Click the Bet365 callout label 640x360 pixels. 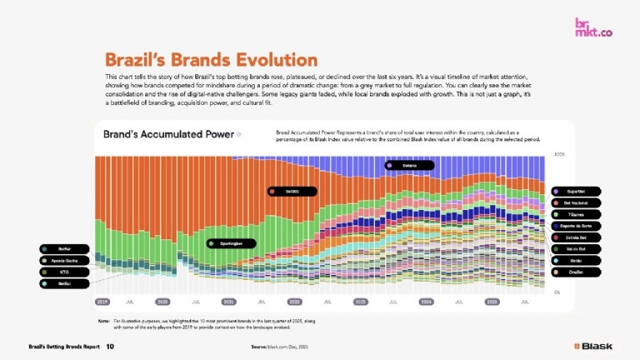(292, 191)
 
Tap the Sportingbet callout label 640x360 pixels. (232, 243)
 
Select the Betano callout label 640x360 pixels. (410, 165)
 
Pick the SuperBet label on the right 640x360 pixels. (575, 191)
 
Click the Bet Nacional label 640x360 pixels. (575, 202)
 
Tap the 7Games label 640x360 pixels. (575, 214)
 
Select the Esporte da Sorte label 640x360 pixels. (575, 226)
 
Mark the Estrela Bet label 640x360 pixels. (575, 237)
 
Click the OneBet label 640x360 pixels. (575, 272)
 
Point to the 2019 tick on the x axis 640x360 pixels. (103, 302)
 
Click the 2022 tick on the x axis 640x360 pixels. (294, 302)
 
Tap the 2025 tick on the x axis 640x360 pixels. (492, 302)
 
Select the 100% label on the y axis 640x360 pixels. (560, 154)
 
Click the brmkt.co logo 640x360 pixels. (593, 28)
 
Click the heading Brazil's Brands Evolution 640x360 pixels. (211, 60)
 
